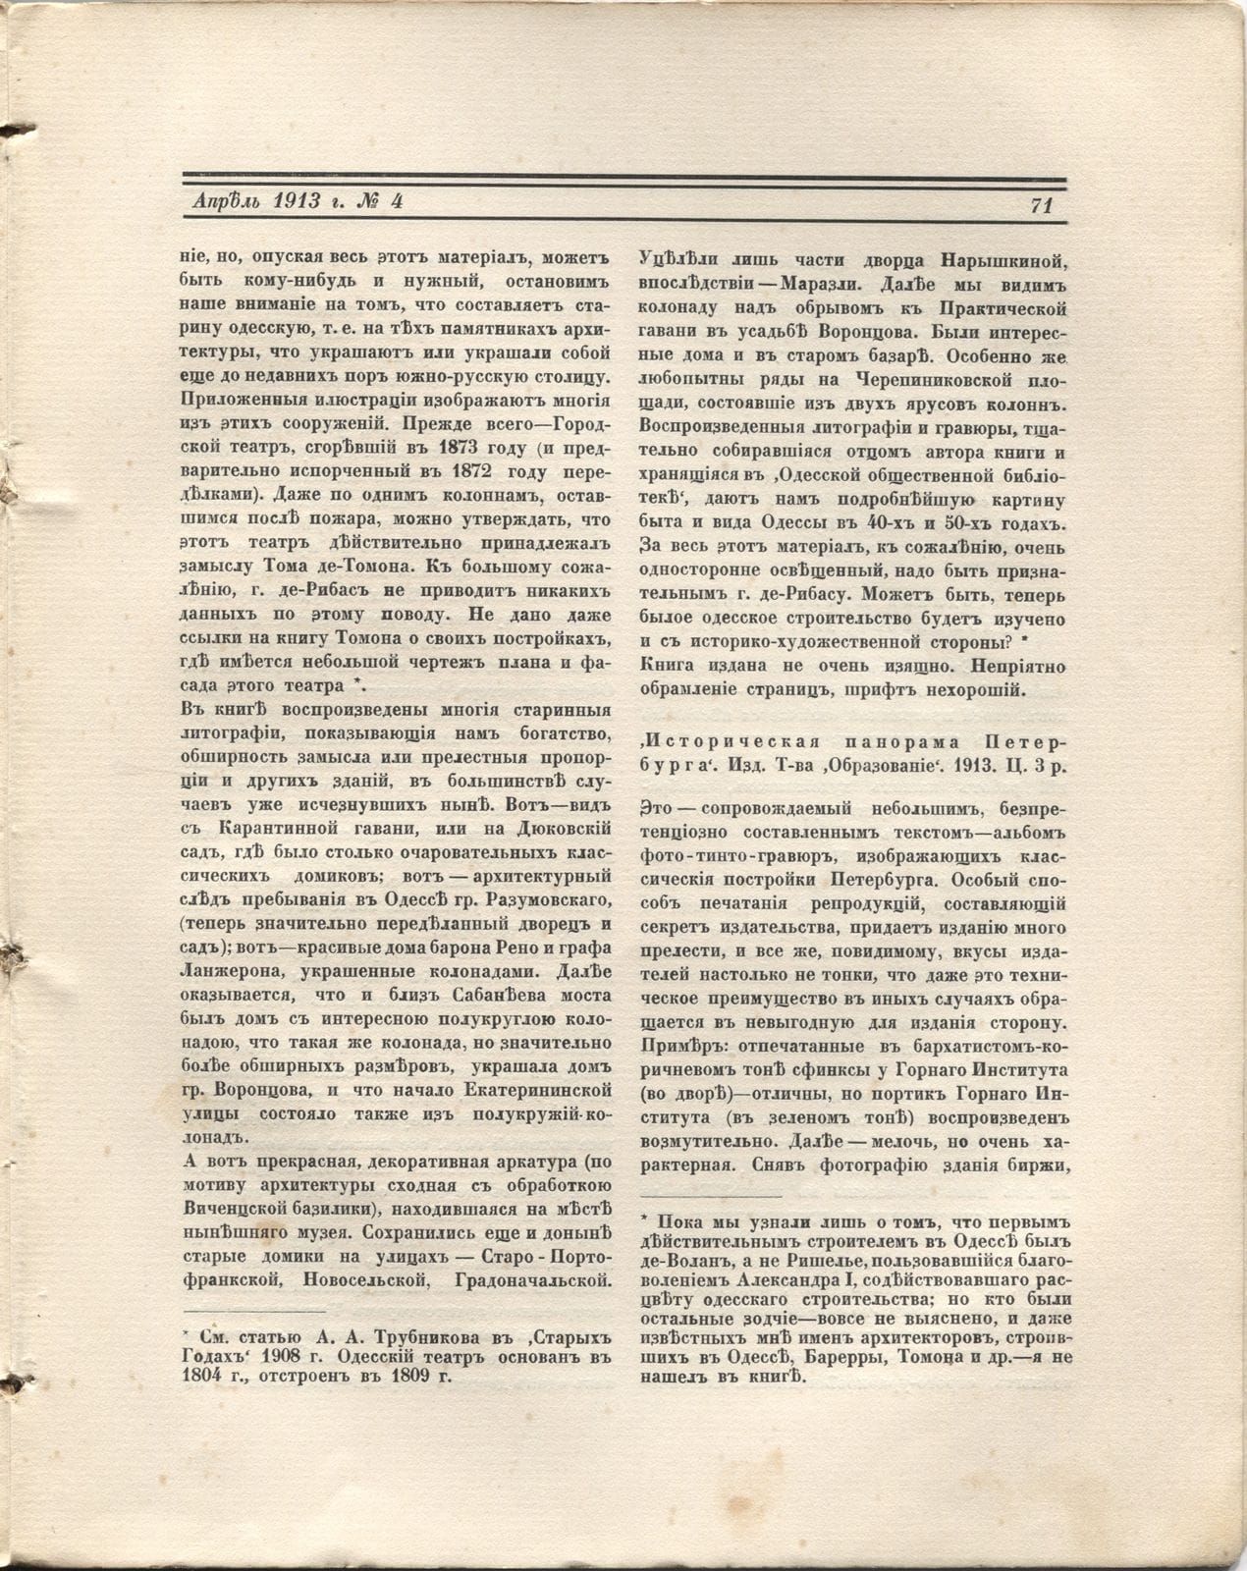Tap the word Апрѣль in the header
pyautogui.click(x=226, y=201)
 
